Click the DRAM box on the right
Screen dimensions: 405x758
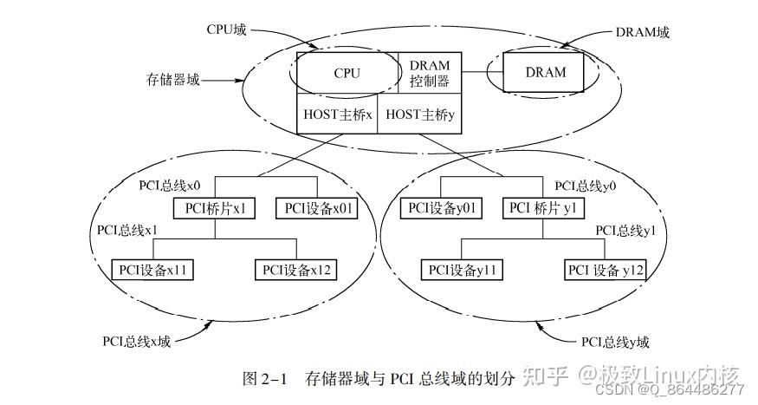tap(546, 73)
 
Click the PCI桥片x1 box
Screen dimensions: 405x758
tap(216, 208)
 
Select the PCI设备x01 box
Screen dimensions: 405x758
tap(316, 208)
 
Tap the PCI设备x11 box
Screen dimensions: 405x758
tap(153, 269)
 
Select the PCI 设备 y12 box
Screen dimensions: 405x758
tap(606, 270)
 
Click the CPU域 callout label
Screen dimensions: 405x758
tap(227, 29)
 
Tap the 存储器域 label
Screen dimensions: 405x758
tap(173, 80)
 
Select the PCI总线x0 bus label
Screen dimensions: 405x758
tap(171, 185)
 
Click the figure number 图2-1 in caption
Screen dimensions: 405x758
tap(267, 378)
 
